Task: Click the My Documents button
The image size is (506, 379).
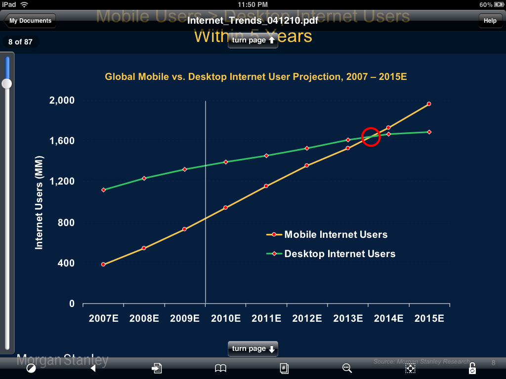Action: pos(30,21)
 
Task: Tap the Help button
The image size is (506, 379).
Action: pos(490,21)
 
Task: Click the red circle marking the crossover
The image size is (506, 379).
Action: pos(371,137)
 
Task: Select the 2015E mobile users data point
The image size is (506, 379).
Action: pos(429,104)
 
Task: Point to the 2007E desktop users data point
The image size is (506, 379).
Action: pos(103,190)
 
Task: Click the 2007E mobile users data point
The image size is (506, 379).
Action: pos(103,265)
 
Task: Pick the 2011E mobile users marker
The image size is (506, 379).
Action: pos(266,186)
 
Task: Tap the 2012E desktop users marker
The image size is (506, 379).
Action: pos(307,148)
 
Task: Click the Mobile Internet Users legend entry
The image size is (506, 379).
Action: pos(327,235)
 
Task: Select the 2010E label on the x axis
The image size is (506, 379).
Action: pos(226,319)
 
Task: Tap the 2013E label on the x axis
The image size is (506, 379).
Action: pos(348,319)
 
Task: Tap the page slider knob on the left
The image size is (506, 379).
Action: pos(7,84)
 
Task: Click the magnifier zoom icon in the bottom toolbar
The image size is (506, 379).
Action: pos(347,368)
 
